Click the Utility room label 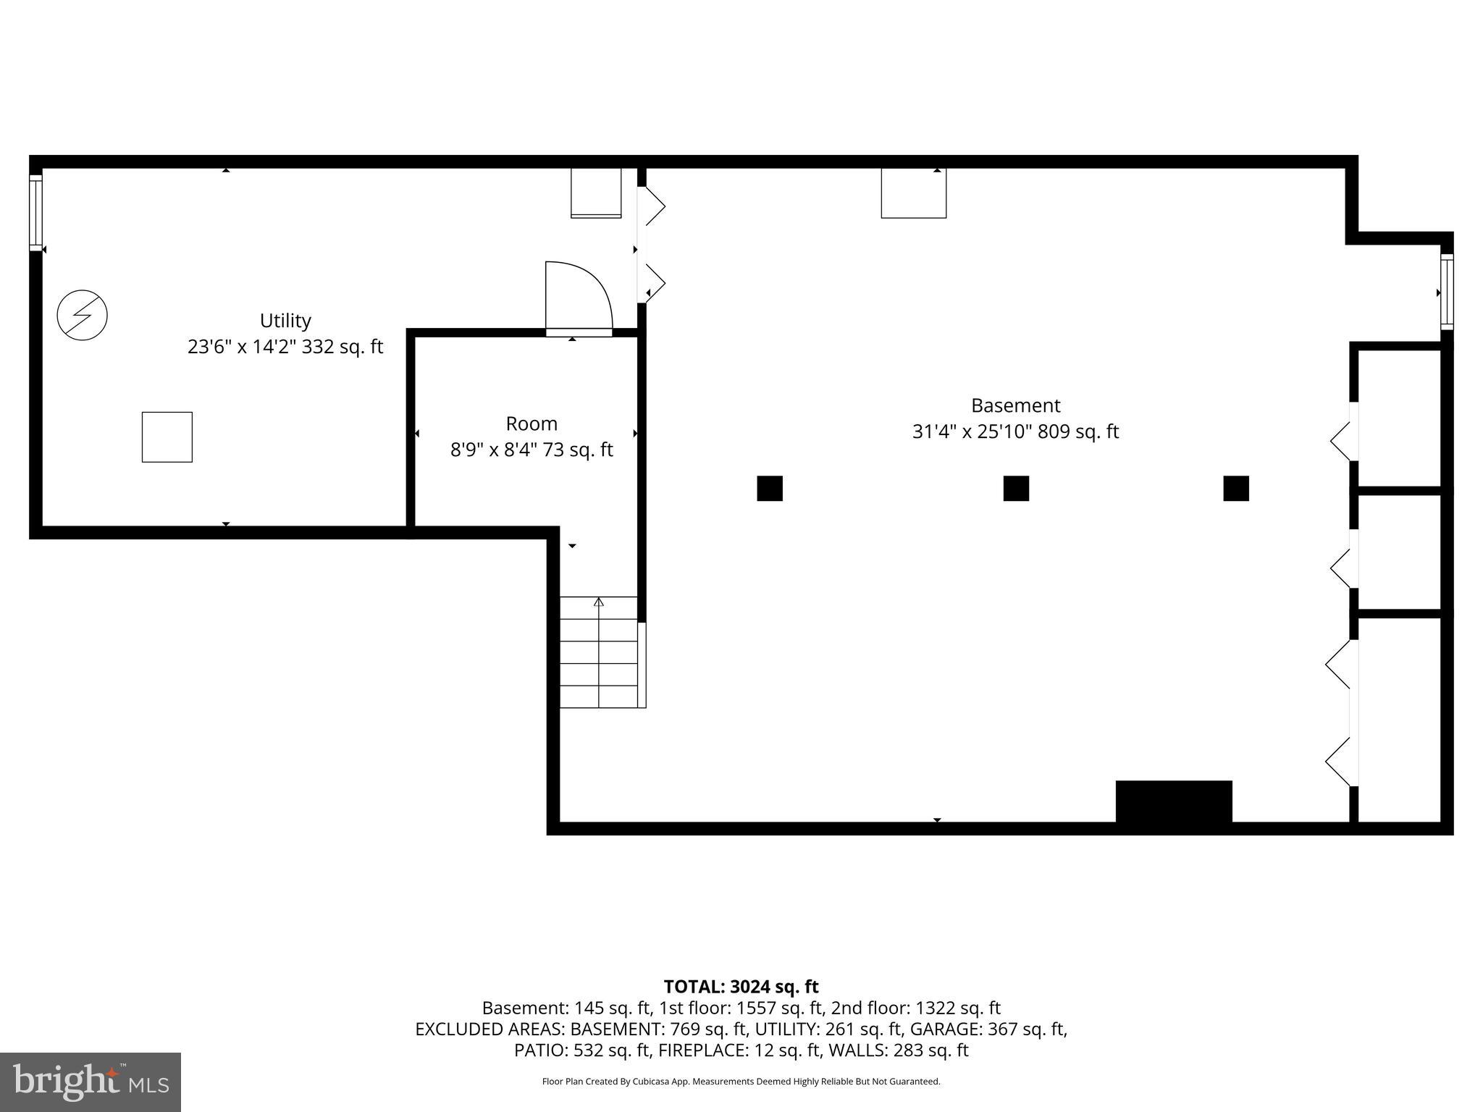(285, 321)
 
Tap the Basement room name (1015, 405)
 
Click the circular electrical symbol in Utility (83, 315)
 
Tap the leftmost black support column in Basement (770, 489)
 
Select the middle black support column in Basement (1016, 489)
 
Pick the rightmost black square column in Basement (1236, 489)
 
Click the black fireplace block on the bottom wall (1174, 802)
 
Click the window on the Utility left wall (35, 212)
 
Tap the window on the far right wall (1446, 292)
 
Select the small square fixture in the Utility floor (167, 437)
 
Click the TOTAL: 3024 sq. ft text (741, 987)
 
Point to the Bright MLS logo (91, 1082)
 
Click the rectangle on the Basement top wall (914, 193)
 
